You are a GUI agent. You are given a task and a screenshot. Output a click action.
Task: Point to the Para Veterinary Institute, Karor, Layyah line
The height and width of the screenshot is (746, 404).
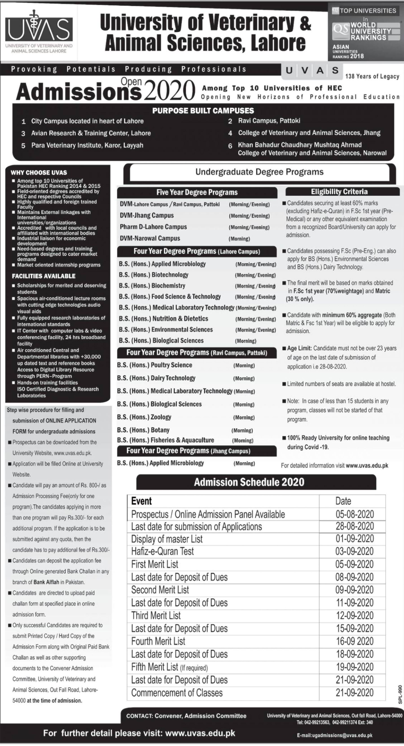click(x=87, y=145)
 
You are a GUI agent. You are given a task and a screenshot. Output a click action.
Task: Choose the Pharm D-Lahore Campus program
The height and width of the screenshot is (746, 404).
click(x=153, y=227)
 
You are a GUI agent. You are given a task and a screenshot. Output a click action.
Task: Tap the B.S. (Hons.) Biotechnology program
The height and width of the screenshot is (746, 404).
click(x=154, y=275)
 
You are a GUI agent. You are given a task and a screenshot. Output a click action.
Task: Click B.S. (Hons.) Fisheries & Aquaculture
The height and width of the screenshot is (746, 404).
click(x=165, y=440)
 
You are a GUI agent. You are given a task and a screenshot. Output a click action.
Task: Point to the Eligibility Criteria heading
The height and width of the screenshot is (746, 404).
click(x=339, y=192)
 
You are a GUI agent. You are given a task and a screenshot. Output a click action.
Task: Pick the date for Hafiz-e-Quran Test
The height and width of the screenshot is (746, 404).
click(x=354, y=551)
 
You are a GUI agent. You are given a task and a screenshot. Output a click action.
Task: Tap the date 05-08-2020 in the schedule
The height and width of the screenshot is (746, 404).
click(x=354, y=514)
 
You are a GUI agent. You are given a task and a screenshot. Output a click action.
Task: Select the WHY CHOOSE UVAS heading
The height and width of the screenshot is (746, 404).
click(x=39, y=173)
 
